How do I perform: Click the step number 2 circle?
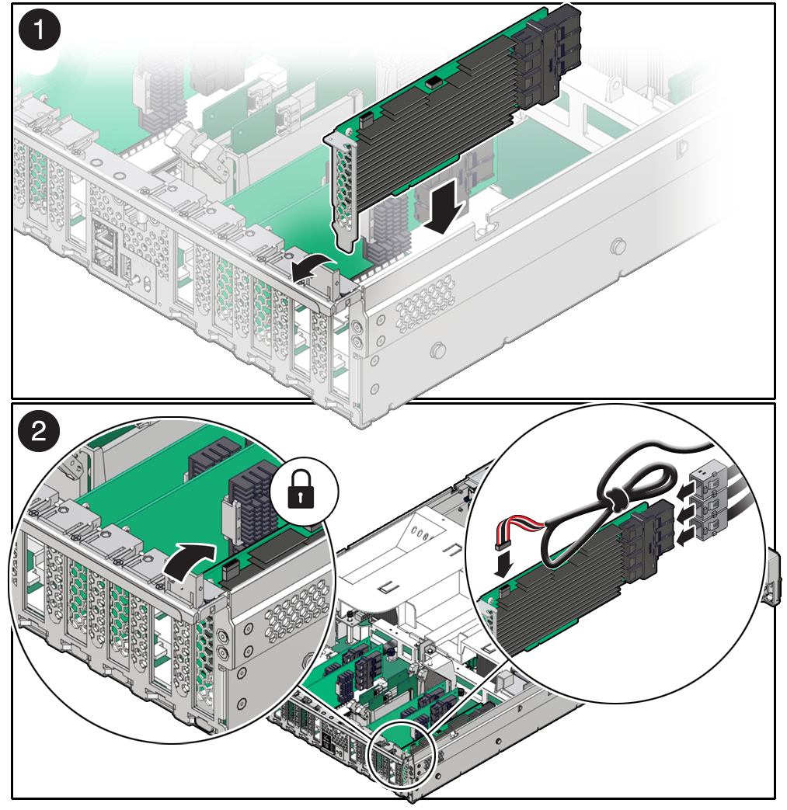(x=40, y=430)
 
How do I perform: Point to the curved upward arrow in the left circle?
(x=189, y=563)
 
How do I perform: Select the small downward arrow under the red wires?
(x=503, y=564)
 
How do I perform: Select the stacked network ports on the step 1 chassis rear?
(x=106, y=246)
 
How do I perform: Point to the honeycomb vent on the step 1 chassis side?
(x=425, y=303)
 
